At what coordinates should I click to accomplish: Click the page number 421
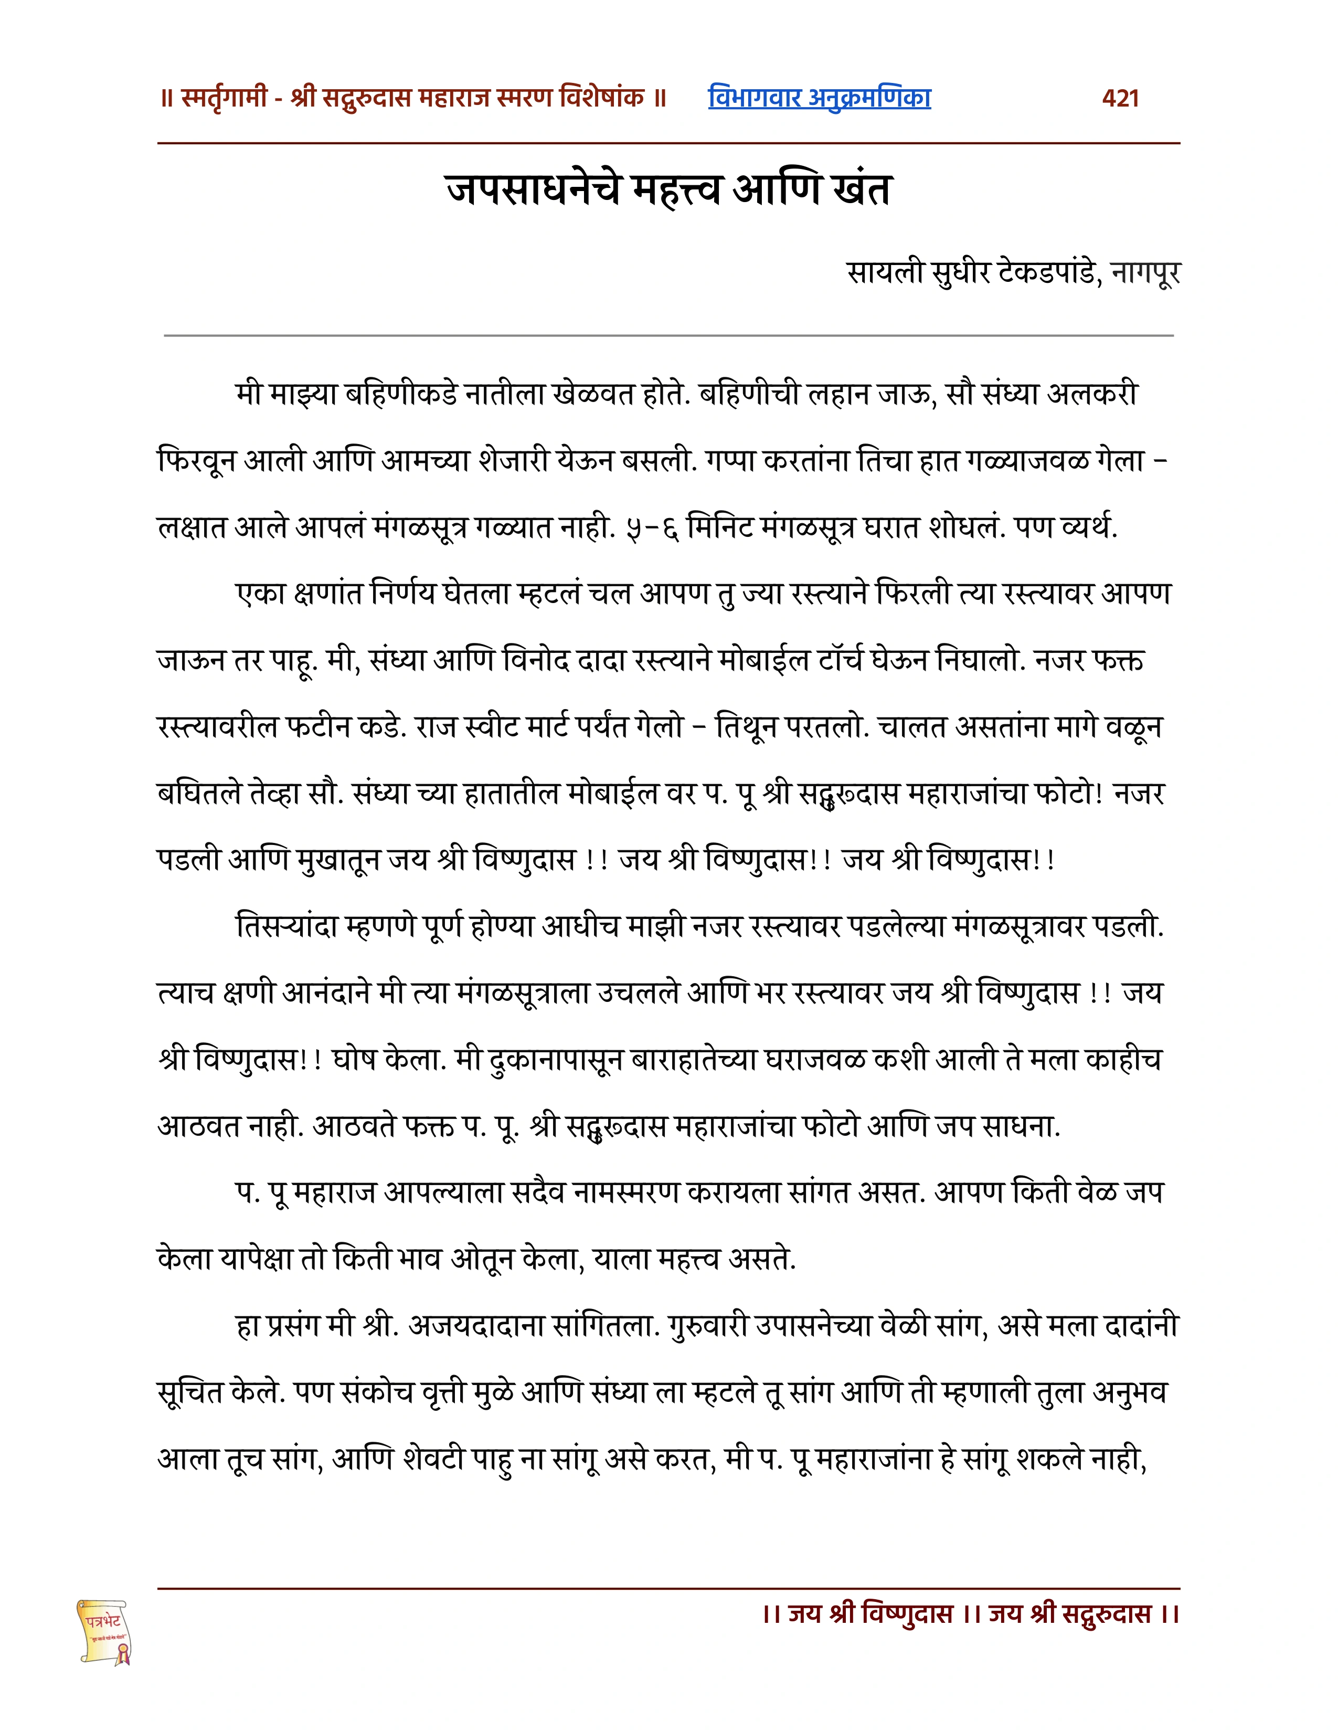click(x=1120, y=98)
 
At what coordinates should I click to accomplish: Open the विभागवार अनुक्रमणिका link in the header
click(x=819, y=98)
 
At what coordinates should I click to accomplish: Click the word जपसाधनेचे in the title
click(x=532, y=191)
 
